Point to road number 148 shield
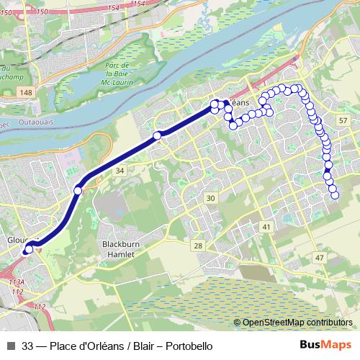pos(27,93)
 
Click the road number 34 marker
pos(120,170)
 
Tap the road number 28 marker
pos(197,246)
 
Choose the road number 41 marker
pos(266,227)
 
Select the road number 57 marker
pos(342,120)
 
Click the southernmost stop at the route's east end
pos(334,194)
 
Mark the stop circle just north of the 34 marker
pos(157,135)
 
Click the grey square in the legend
pos(10,346)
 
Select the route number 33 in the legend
pos(28,346)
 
